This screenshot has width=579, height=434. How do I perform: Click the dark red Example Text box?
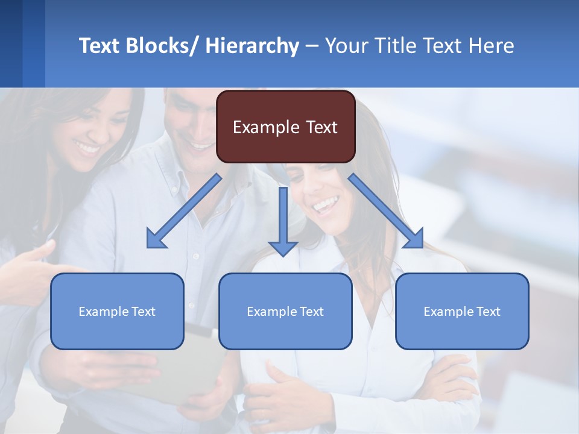pos(285,127)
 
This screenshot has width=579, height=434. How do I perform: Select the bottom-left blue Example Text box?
pos(117,311)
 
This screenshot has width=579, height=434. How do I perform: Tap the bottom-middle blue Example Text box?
pos(285,311)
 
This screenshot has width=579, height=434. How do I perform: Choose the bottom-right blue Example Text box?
pos(462,311)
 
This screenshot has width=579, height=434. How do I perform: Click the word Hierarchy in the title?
pos(252,46)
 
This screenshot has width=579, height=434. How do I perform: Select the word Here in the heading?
pos(490,46)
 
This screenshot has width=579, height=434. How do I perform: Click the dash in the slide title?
pos(311,46)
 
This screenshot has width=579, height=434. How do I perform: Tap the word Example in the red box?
pos(258,127)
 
